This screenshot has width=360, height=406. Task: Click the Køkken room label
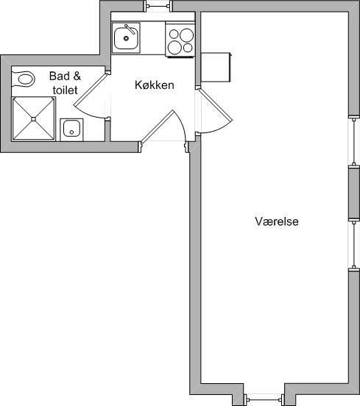pos(155,85)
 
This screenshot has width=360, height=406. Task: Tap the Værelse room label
pos(277,221)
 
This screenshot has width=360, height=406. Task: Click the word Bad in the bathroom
pos(60,76)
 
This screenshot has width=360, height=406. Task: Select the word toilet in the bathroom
pos(65,90)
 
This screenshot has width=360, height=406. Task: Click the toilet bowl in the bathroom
pos(27,79)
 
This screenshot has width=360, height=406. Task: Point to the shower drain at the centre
pos(33,119)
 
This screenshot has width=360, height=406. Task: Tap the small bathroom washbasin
pos(71,129)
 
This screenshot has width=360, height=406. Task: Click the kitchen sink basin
pos(126,38)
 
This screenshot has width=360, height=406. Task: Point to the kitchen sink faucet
pos(130,29)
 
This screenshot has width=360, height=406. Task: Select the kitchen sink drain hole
pos(126,38)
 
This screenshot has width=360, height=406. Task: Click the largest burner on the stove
pos(186,35)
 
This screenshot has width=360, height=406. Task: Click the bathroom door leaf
pos(90,89)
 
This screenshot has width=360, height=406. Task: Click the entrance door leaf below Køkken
pos(158,126)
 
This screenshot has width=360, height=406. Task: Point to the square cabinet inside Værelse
pos(216,68)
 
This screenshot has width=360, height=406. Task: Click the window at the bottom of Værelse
pos(264,399)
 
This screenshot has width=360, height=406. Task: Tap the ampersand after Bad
pos(77,76)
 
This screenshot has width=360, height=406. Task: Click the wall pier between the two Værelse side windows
pos(354,193)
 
